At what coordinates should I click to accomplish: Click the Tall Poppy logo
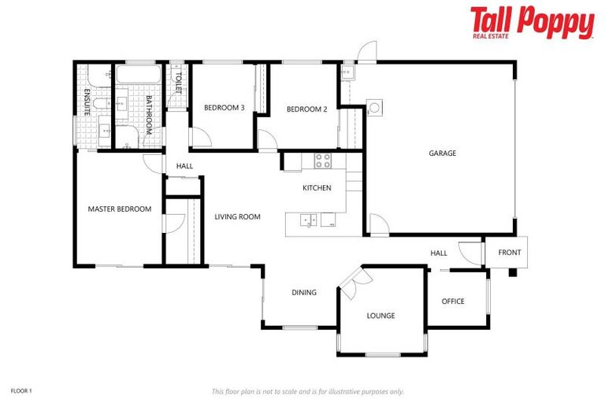click(532, 22)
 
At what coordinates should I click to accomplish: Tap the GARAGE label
click(442, 153)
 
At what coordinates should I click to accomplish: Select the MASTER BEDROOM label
click(119, 209)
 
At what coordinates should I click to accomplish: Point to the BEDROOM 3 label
click(225, 108)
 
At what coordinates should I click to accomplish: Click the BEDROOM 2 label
click(306, 109)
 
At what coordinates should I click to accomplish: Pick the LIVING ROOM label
click(238, 216)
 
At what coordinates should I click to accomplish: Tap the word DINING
click(304, 293)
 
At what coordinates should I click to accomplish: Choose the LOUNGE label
click(380, 316)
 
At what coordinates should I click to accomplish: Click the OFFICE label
click(453, 301)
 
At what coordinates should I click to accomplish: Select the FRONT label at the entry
click(509, 253)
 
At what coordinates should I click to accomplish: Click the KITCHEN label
click(317, 188)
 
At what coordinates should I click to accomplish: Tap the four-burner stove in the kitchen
click(323, 161)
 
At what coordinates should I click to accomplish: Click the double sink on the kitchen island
click(307, 220)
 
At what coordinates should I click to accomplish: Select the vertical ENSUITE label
click(87, 102)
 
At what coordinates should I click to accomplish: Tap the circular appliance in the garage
click(375, 107)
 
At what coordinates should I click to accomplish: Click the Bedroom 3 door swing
click(202, 136)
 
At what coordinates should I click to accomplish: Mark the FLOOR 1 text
click(20, 390)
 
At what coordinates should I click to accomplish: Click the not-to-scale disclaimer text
click(307, 391)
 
